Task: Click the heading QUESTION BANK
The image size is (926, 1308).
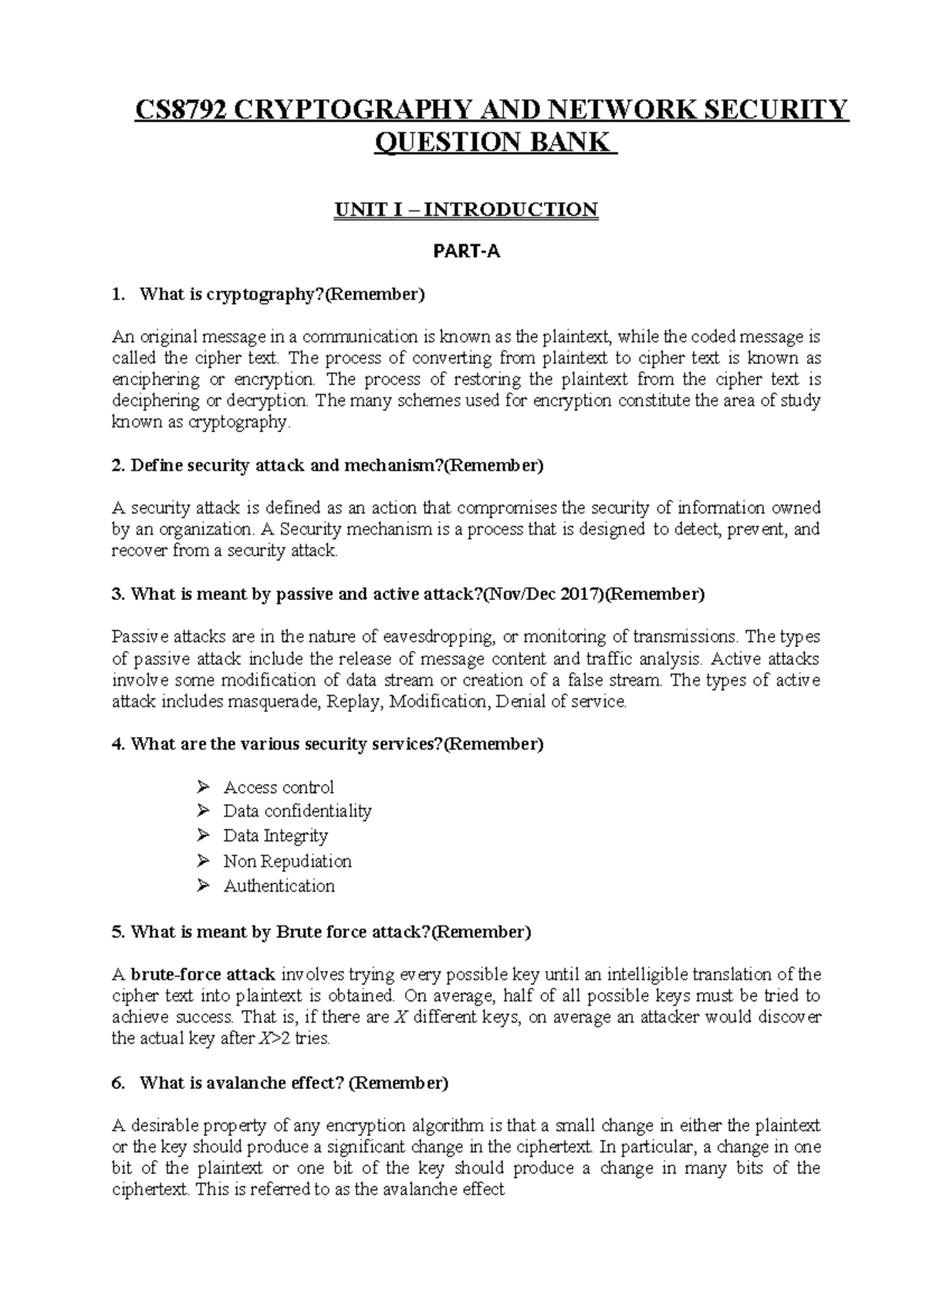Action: pos(495,143)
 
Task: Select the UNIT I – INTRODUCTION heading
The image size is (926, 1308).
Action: pos(465,210)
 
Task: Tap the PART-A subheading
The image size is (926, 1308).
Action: pos(466,251)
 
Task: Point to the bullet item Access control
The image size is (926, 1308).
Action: pos(279,787)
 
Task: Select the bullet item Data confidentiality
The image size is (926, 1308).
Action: pos(297,811)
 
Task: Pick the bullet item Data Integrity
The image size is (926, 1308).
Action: pos(275,836)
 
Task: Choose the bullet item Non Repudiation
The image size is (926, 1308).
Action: pos(287,861)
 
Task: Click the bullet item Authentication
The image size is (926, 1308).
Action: pos(279,886)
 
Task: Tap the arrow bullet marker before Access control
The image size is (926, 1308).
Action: pos(203,787)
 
